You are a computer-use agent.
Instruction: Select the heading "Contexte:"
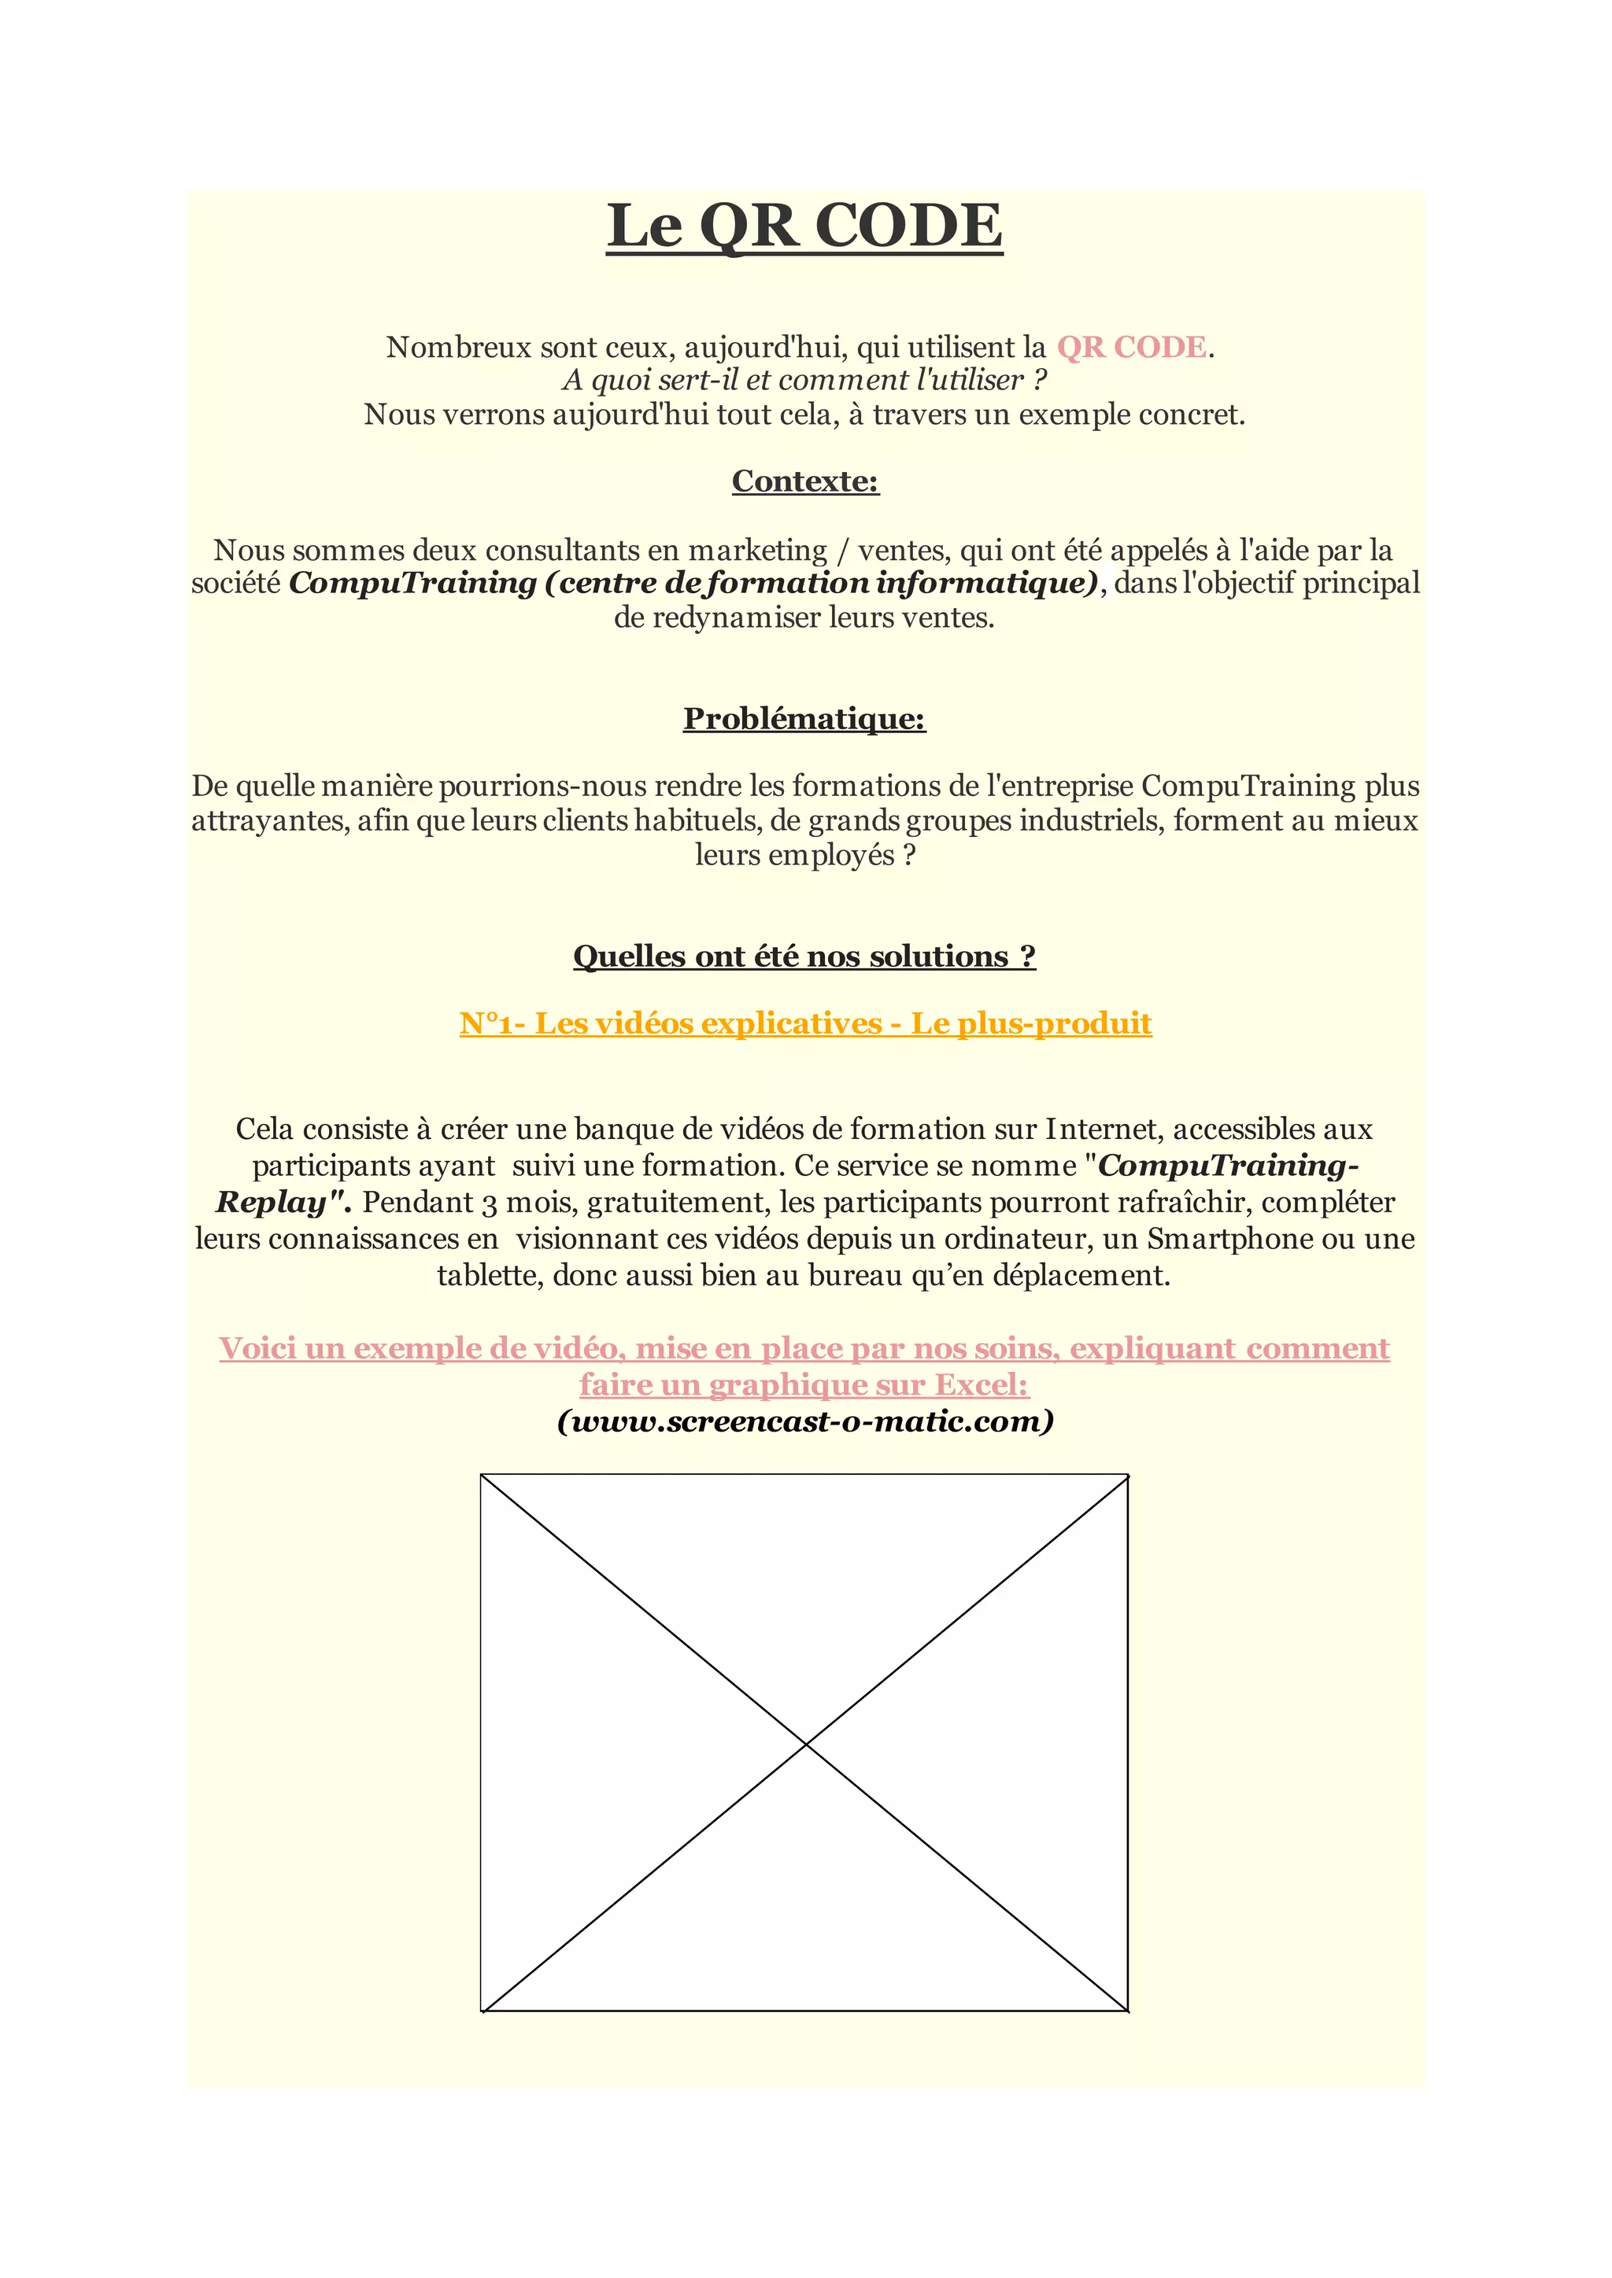point(805,481)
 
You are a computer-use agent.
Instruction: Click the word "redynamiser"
point(735,618)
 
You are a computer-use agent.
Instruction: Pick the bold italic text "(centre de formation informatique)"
point(822,584)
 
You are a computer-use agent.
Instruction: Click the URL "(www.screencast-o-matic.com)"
point(805,1421)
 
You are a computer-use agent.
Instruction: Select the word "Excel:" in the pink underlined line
point(982,1385)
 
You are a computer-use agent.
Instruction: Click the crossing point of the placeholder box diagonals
point(805,1744)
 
